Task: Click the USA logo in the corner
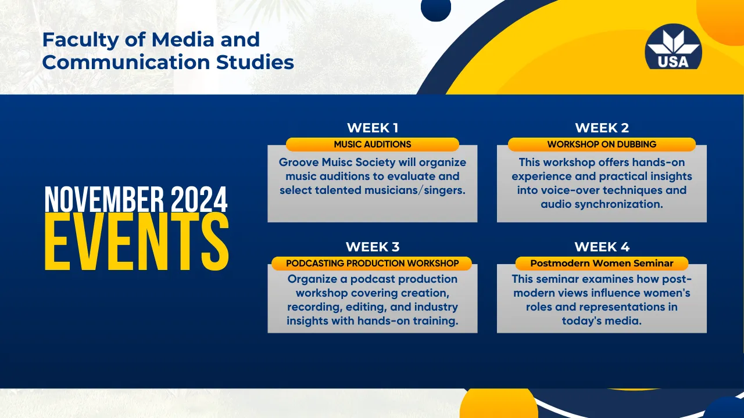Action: pyautogui.click(x=673, y=47)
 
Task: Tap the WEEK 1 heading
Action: pyautogui.click(x=373, y=128)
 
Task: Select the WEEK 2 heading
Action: pyautogui.click(x=602, y=128)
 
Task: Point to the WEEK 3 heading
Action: pyautogui.click(x=373, y=247)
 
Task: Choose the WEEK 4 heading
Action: pyautogui.click(x=602, y=247)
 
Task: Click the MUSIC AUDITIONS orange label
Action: pyautogui.click(x=373, y=145)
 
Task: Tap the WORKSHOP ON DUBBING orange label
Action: pyautogui.click(x=602, y=145)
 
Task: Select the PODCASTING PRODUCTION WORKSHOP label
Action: pyautogui.click(x=371, y=264)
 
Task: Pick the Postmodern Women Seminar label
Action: pyautogui.click(x=602, y=264)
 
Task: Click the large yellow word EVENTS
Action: pyautogui.click(x=137, y=242)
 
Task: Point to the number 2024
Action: pyautogui.click(x=199, y=199)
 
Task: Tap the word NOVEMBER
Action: pyautogui.click(x=104, y=199)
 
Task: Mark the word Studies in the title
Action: pyautogui.click(x=255, y=62)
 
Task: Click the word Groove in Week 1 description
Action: pyautogui.click(x=299, y=162)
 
